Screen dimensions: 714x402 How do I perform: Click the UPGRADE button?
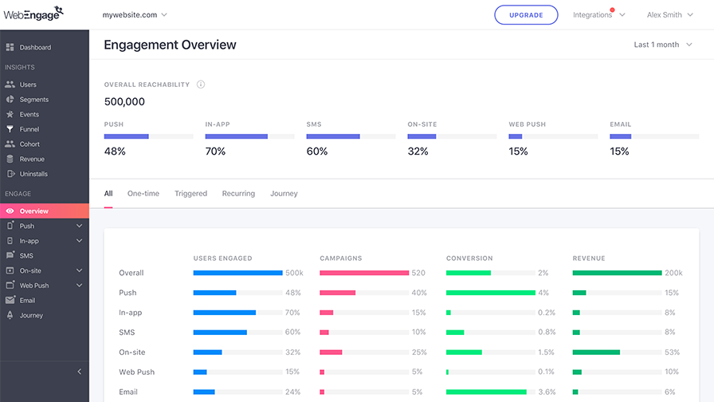tap(526, 15)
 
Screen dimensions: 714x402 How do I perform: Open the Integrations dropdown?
tap(598, 14)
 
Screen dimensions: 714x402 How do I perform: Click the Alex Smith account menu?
tap(670, 14)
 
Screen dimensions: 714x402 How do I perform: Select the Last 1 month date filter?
tap(663, 45)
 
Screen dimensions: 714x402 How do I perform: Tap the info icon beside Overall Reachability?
tap(201, 85)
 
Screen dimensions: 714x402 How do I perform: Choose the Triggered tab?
tap(190, 193)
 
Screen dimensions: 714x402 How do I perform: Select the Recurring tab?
tap(238, 193)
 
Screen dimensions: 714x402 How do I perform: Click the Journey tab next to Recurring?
tap(284, 193)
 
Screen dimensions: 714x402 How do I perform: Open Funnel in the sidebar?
tap(29, 129)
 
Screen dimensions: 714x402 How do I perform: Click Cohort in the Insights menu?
tap(29, 144)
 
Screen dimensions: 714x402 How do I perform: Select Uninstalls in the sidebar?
tap(33, 174)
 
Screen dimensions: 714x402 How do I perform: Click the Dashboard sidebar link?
tap(35, 47)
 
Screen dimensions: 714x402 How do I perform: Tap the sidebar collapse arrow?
tap(79, 372)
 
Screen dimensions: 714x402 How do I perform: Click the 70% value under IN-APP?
tap(215, 152)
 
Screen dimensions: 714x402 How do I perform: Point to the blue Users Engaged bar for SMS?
tap(220, 333)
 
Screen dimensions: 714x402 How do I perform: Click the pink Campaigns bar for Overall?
tap(364, 273)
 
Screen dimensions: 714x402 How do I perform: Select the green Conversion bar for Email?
tap(486, 392)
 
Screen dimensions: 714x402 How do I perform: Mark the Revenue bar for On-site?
tap(596, 353)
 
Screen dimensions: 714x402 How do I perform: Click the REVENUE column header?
tap(589, 258)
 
